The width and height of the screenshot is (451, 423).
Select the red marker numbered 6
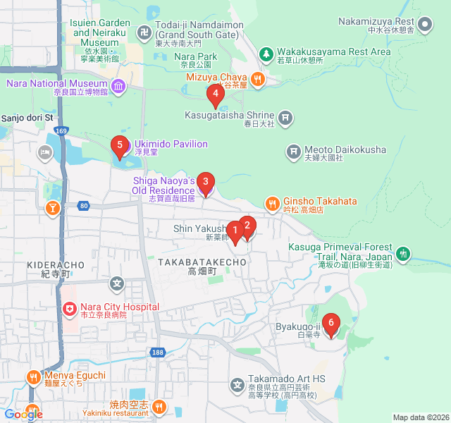coord(330,325)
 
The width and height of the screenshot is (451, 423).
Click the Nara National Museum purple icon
coord(118,87)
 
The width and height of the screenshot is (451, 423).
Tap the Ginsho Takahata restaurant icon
coord(272,203)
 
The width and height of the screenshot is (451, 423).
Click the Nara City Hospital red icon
coord(70,308)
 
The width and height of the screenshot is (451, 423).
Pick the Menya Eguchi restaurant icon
coord(33,376)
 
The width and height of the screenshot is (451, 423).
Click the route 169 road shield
coord(62,130)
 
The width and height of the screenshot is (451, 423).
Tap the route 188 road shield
coord(156,351)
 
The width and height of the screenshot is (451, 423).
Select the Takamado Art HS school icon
coord(237,384)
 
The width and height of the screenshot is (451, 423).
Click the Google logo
coord(23,415)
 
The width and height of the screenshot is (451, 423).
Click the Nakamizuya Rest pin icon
coord(425,26)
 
